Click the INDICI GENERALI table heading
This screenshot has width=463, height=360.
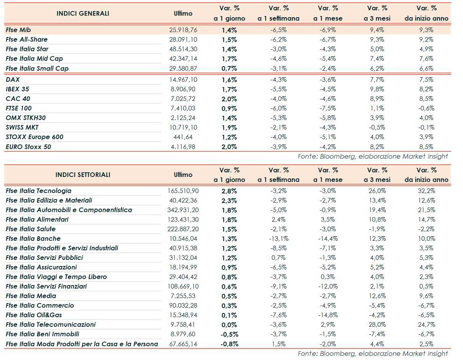point(83,13)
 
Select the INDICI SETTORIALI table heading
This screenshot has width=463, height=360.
point(83,175)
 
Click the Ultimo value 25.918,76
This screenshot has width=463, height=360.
point(183,30)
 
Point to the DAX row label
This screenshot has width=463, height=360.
point(13,80)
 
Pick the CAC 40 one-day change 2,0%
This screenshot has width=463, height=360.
point(229,99)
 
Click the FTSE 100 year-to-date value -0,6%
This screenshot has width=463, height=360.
point(426,109)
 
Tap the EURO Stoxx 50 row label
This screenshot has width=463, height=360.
point(28,147)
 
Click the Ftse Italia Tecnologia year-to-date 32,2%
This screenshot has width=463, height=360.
point(426,191)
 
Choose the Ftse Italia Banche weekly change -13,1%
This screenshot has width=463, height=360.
point(278,238)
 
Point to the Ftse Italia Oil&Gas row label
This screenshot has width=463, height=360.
point(34,315)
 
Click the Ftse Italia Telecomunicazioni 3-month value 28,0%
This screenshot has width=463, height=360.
point(377,324)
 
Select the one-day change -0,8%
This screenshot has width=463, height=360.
point(229,344)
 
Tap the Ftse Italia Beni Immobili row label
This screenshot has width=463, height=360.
point(43,334)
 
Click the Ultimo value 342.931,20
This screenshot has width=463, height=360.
point(183,210)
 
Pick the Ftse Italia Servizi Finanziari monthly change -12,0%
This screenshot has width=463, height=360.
point(327,286)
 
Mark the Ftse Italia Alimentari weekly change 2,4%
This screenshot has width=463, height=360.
point(278,219)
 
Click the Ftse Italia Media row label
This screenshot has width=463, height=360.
point(31,296)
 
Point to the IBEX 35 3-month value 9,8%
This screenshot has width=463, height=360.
point(377,89)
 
